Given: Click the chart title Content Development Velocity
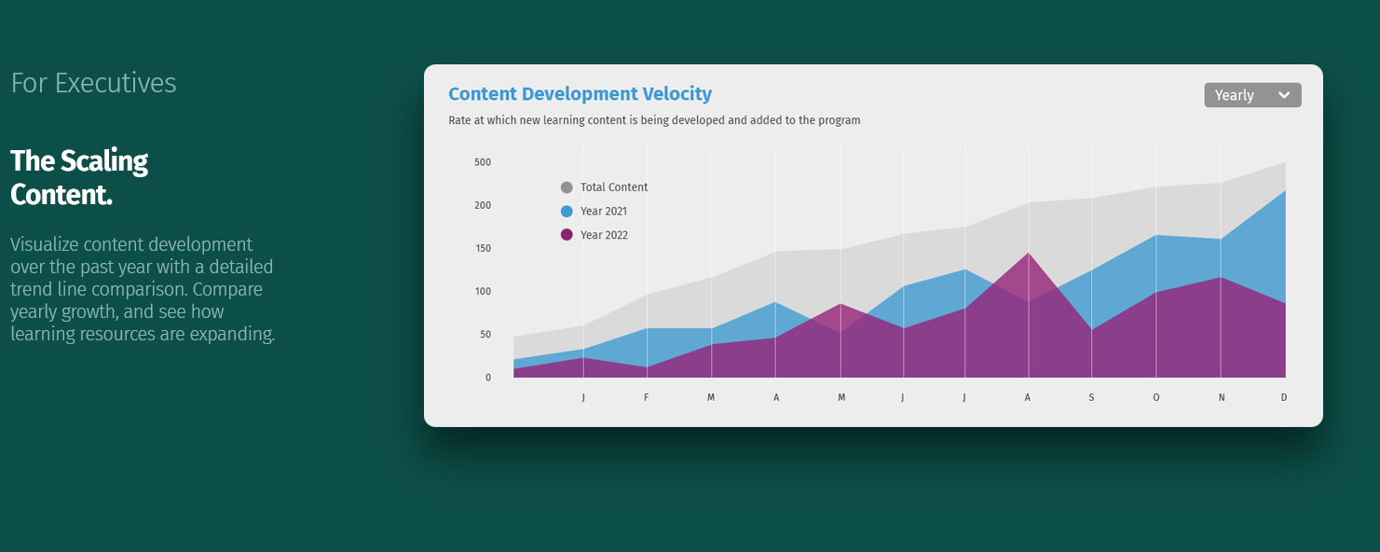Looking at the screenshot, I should click(x=580, y=94).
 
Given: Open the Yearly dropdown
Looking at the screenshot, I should click(x=1251, y=95).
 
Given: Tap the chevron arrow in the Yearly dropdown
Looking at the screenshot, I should click(x=1284, y=95).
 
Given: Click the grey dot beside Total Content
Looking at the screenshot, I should click(x=567, y=187).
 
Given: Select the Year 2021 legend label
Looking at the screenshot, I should click(x=603, y=212).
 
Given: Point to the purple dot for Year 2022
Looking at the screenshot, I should click(x=567, y=235).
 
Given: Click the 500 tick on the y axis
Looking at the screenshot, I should click(x=482, y=162).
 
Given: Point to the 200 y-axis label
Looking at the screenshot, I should click(x=482, y=205).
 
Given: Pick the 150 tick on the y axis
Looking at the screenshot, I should click(x=482, y=248).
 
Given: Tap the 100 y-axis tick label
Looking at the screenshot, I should click(x=482, y=291).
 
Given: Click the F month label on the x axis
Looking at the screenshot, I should click(x=646, y=397).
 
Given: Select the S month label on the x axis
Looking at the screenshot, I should click(x=1091, y=397).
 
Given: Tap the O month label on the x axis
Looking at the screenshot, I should click(x=1156, y=397).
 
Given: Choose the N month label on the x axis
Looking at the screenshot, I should click(x=1222, y=397).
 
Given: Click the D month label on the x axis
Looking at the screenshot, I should click(x=1284, y=397).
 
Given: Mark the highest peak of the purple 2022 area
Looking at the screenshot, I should click(x=1029, y=254).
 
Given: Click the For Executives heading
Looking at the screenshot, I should click(x=93, y=83).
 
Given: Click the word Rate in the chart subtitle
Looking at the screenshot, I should click(x=459, y=120).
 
